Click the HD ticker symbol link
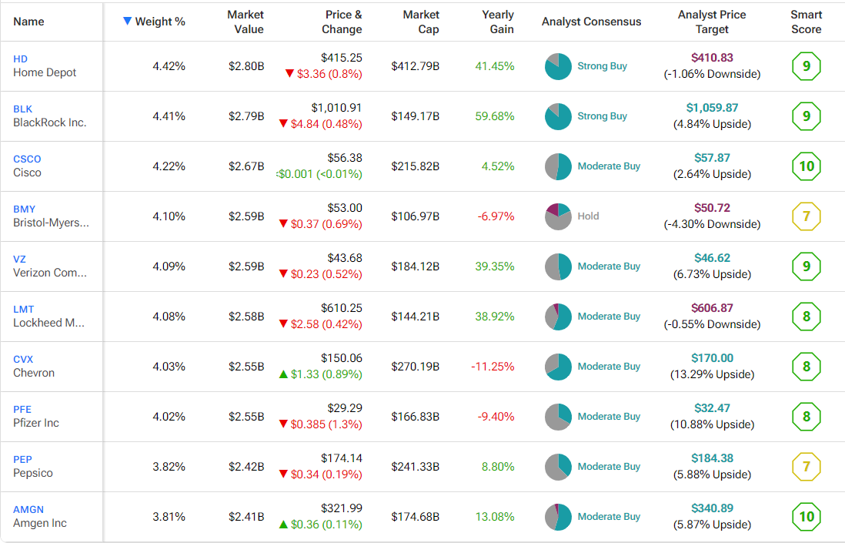(20, 59)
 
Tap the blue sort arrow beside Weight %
(127, 22)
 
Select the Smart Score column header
(806, 22)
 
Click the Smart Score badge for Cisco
(806, 166)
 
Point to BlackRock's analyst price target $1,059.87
(712, 108)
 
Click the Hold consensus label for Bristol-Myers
(588, 216)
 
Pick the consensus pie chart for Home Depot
(558, 66)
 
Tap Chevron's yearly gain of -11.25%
(493, 367)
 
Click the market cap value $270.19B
(415, 367)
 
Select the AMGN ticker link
(28, 509)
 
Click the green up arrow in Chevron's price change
(283, 374)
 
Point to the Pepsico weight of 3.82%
(169, 467)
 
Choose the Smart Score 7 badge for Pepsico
(806, 467)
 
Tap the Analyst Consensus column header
(591, 22)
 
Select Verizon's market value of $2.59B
(246, 266)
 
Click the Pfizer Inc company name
(36, 423)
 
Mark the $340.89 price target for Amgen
(712, 508)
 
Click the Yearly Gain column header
(497, 22)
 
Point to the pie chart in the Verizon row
(558, 266)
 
